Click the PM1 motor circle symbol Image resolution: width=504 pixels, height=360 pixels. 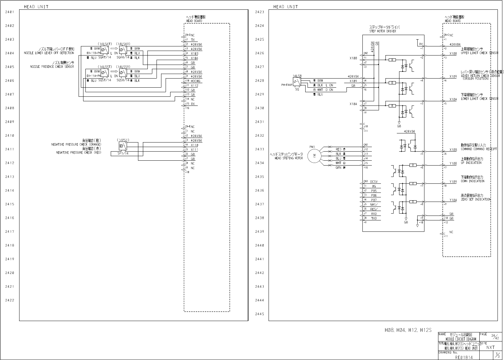tap(314, 156)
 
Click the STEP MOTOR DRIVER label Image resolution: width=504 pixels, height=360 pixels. tap(383, 31)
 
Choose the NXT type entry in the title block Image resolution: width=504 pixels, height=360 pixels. tap(490, 347)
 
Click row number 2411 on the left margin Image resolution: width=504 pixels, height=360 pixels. tap(9, 149)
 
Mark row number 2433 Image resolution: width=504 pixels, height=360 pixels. tap(259, 149)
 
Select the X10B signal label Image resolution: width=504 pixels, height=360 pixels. tap(453, 150)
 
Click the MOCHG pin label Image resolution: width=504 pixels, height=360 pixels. tap(195, 81)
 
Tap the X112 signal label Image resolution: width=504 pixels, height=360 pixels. tap(195, 86)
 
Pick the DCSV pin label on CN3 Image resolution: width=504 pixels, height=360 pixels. tap(374, 182)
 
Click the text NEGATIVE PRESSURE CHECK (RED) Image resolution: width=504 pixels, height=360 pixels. tap(78, 152)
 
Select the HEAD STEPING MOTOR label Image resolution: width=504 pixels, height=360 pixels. tap(288, 158)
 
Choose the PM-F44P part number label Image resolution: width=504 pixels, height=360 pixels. tap(287, 84)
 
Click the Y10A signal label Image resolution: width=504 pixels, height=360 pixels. tap(453, 200)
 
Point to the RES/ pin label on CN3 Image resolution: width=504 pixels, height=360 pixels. tap(374, 209)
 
